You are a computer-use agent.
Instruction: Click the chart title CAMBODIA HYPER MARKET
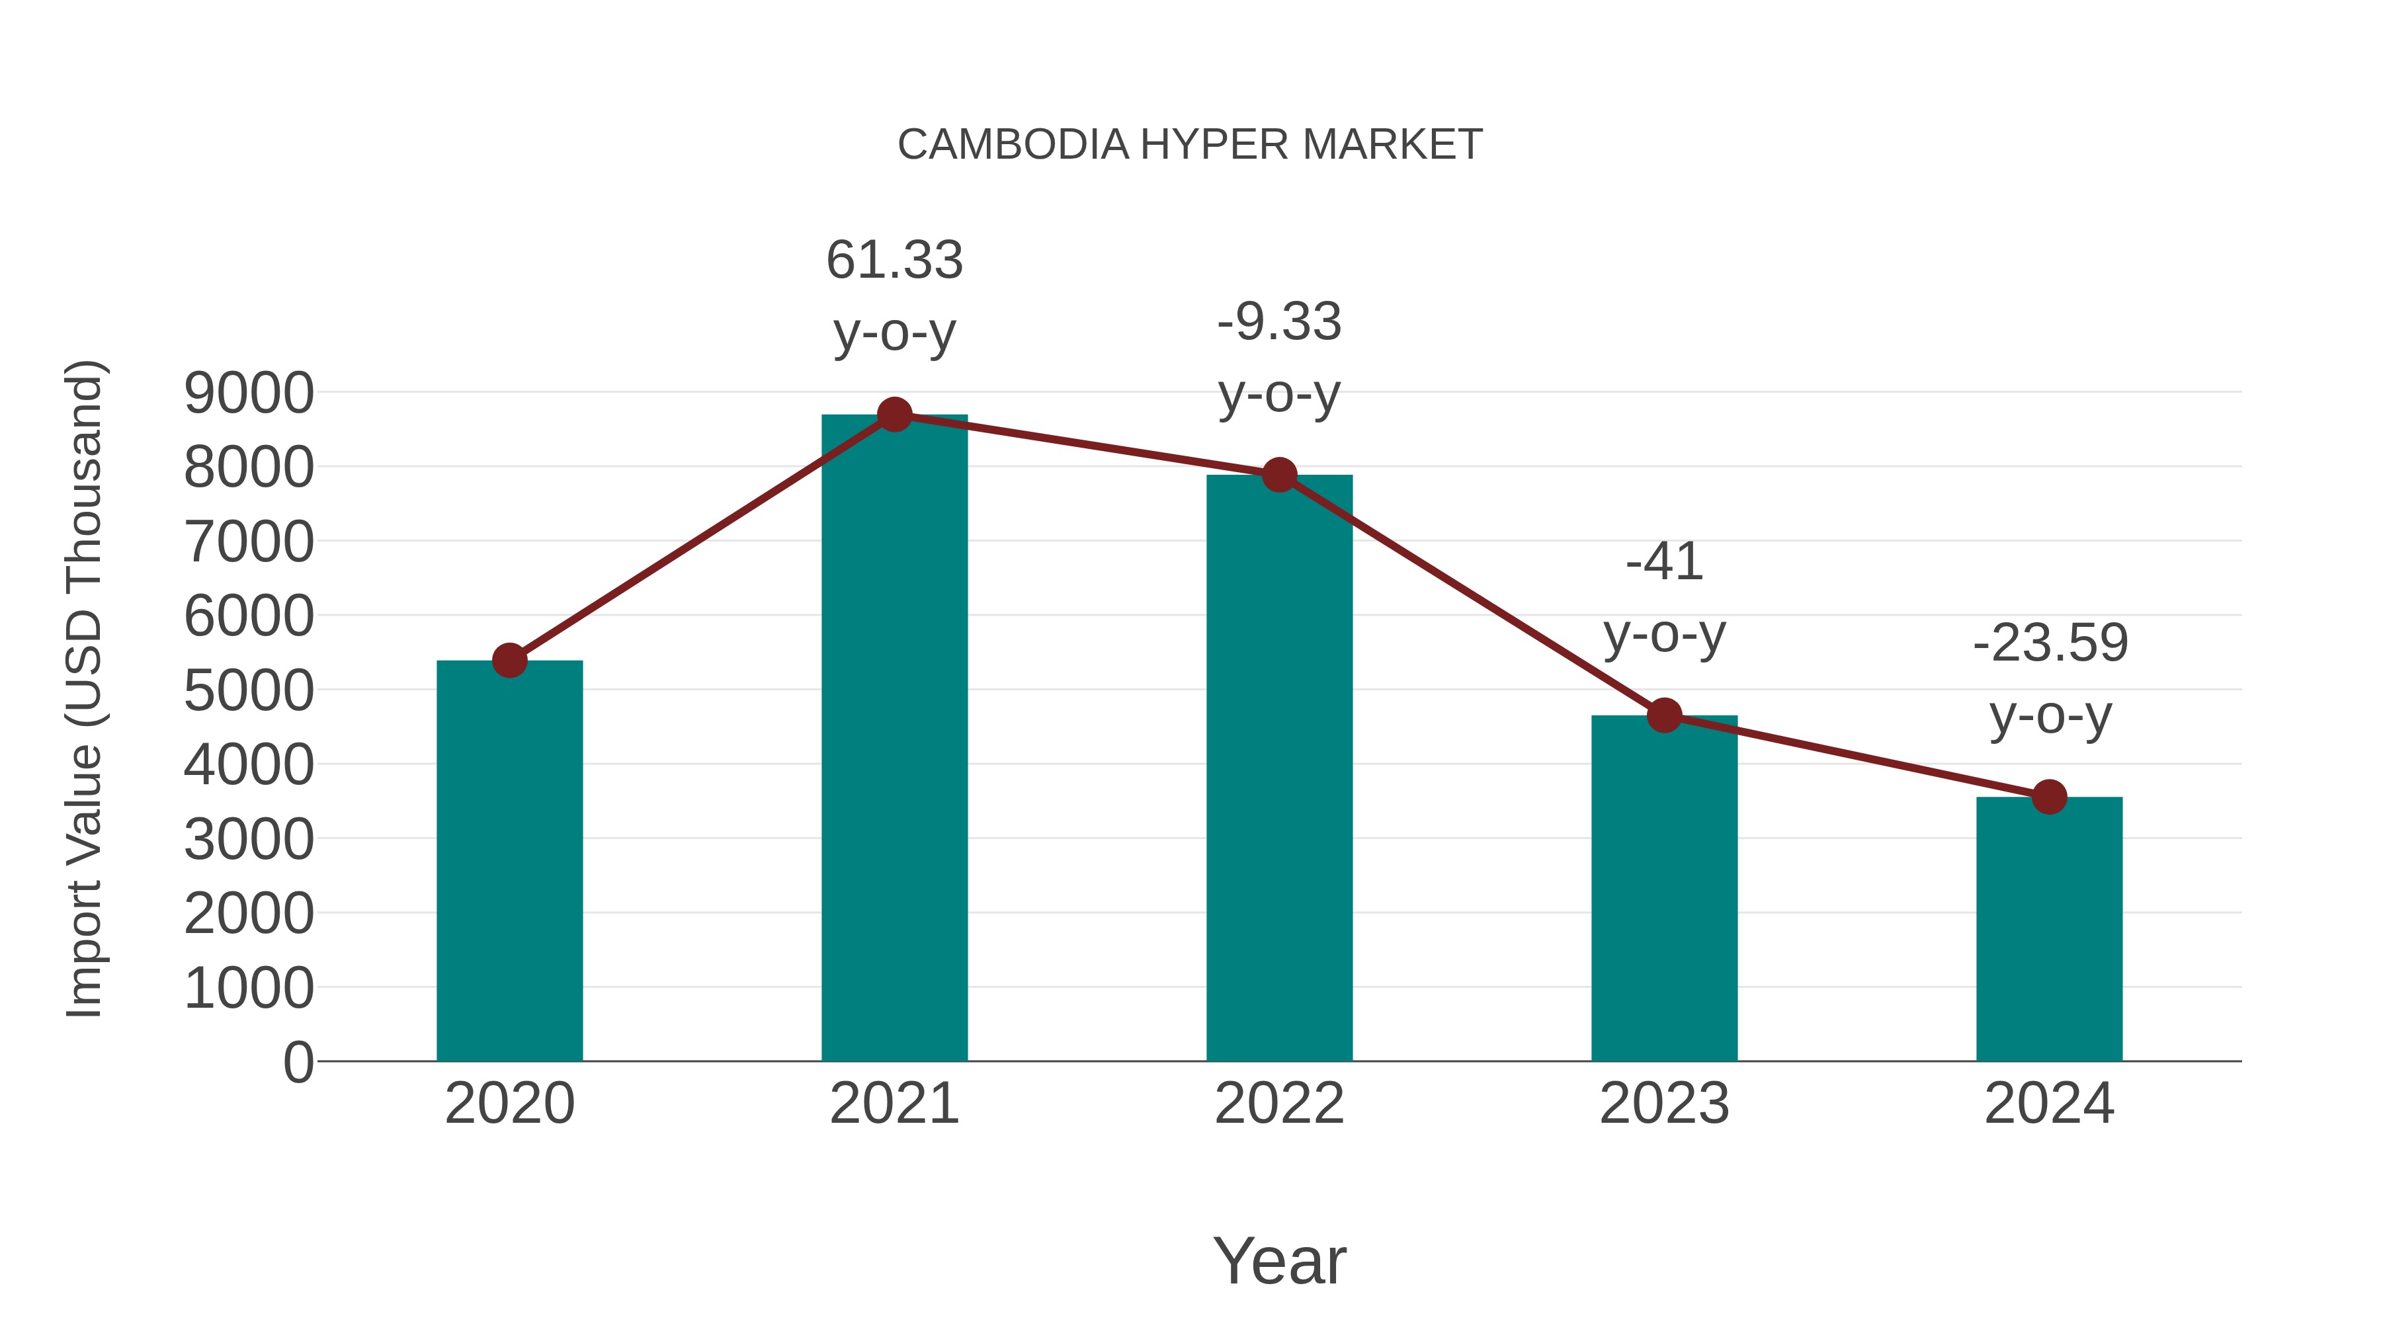(x=1190, y=145)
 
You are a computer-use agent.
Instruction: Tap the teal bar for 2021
(x=894, y=739)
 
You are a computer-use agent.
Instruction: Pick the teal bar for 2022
(x=1279, y=767)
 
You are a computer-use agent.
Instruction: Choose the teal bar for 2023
(x=1664, y=887)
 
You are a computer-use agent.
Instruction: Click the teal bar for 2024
(x=2049, y=929)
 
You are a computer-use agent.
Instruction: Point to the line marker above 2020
(x=509, y=661)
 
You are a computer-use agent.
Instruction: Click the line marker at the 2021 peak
(x=894, y=415)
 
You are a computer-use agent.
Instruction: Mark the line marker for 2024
(x=2049, y=797)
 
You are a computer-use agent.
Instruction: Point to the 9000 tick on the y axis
(x=249, y=393)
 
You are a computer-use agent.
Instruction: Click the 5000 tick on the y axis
(x=249, y=690)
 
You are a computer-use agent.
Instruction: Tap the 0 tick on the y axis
(x=298, y=1062)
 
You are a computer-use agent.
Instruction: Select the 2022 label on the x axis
(x=1279, y=1104)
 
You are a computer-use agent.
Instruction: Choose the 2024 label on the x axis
(x=2049, y=1104)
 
